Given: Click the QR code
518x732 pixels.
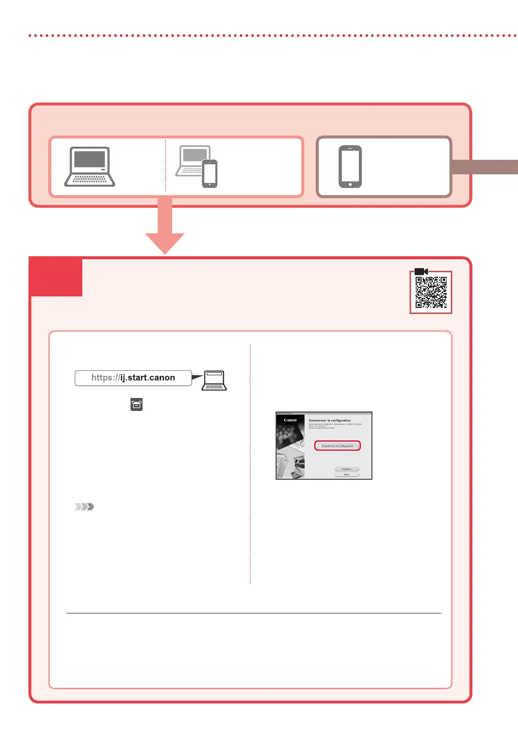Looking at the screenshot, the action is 431,292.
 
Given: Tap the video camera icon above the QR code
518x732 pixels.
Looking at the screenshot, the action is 421,272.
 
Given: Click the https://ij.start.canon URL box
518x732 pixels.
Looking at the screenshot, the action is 133,378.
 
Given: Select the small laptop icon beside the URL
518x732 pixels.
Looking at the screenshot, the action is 214,380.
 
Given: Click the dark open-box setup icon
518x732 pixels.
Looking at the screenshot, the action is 137,404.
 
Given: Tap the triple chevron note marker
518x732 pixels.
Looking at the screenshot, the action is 84,506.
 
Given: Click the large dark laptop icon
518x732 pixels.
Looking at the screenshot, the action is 90,167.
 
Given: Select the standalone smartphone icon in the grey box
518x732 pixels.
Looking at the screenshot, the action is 350,167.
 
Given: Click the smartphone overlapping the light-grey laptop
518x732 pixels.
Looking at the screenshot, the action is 210,174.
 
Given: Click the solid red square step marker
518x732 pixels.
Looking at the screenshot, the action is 56,277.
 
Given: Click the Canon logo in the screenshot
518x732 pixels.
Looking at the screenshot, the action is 290,420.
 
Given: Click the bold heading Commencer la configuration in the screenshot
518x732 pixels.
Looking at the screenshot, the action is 329,421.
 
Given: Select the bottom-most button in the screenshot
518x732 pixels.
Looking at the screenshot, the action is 346,474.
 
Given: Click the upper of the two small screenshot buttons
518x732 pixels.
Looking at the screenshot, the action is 346,469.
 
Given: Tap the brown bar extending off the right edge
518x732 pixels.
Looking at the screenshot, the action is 484,167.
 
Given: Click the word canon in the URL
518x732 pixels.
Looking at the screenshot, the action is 162,378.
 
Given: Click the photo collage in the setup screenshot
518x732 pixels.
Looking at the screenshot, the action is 291,452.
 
